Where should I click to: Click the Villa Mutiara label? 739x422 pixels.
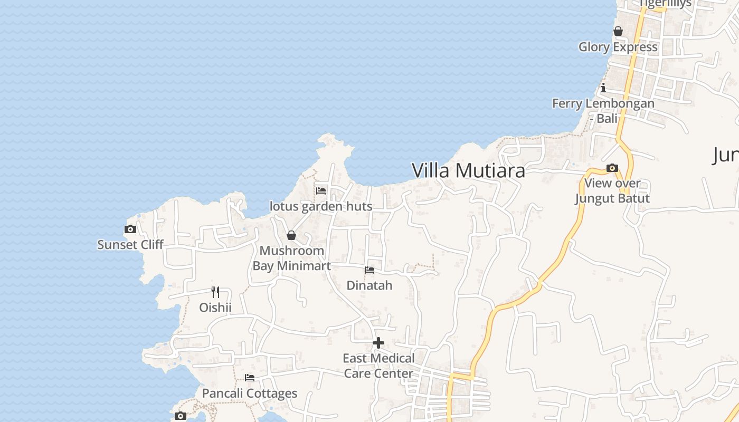tap(468, 170)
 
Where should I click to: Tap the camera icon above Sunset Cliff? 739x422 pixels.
tap(130, 229)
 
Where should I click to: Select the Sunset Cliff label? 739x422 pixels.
tap(130, 244)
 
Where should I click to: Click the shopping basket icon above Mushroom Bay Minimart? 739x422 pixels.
tap(291, 235)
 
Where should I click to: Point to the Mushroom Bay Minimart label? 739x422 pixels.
tap(291, 258)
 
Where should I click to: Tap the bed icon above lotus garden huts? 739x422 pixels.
tap(321, 190)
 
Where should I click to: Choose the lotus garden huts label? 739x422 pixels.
tap(321, 206)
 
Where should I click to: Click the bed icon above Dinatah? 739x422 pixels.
tap(369, 270)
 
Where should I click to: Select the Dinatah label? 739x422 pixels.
tap(369, 285)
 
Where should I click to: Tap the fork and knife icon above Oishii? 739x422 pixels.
tap(215, 292)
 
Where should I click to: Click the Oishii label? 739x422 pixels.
tap(215, 307)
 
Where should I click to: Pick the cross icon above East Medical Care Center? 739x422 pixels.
tap(378, 343)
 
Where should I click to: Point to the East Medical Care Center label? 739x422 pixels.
tap(378, 366)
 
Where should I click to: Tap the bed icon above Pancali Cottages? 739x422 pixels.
tap(250, 378)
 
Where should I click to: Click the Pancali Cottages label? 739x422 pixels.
tap(250, 394)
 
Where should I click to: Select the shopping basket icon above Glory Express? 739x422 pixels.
tap(618, 32)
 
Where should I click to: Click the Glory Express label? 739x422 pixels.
tap(618, 47)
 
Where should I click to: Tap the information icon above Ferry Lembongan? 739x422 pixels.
tap(603, 88)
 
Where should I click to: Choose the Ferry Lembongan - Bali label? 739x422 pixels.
tap(603, 111)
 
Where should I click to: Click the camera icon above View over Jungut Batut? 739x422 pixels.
tap(612, 168)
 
